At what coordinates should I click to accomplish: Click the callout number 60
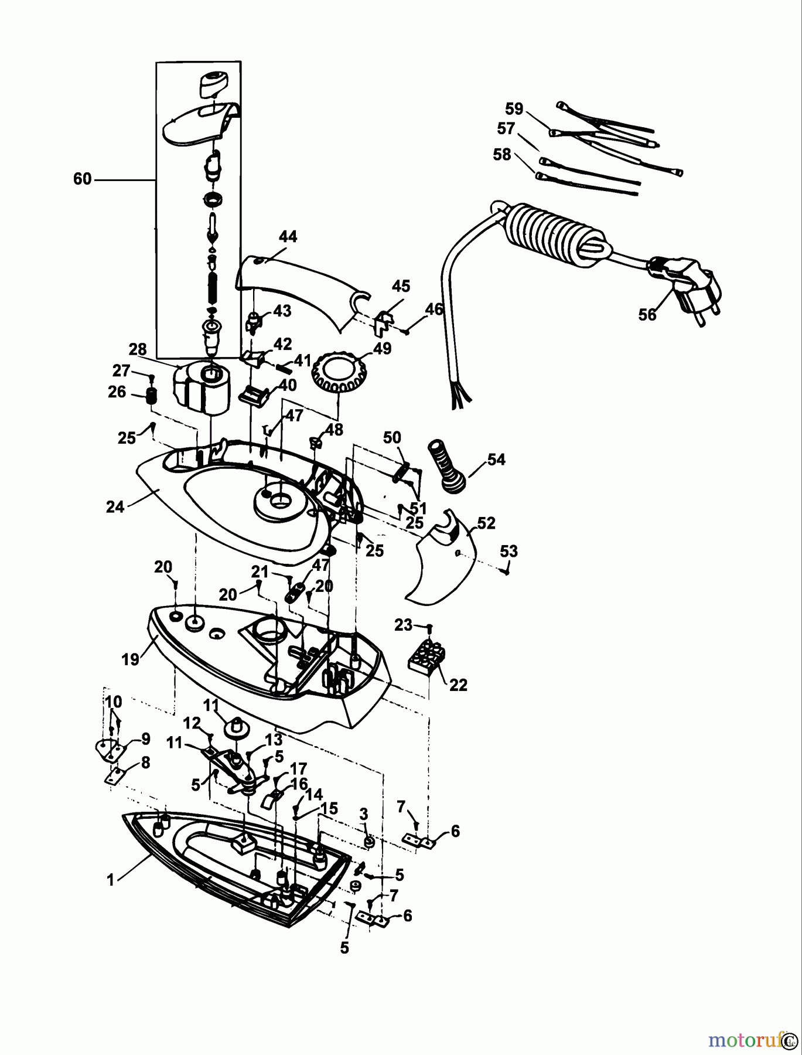pos(83,178)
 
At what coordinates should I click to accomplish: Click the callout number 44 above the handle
pos(288,237)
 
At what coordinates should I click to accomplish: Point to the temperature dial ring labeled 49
pos(337,375)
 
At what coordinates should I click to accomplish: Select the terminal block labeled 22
pos(427,656)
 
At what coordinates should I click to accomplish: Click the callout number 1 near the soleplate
pos(110,879)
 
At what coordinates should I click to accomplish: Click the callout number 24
pos(115,506)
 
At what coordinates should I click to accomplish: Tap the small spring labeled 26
pos(152,396)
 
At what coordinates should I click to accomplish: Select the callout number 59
pos(514,109)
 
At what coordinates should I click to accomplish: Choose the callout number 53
pos(508,552)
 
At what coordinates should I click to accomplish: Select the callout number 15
pos(329,809)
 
